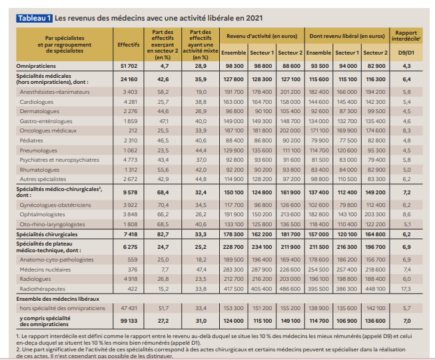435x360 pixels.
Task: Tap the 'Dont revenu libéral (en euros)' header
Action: point(347,33)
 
